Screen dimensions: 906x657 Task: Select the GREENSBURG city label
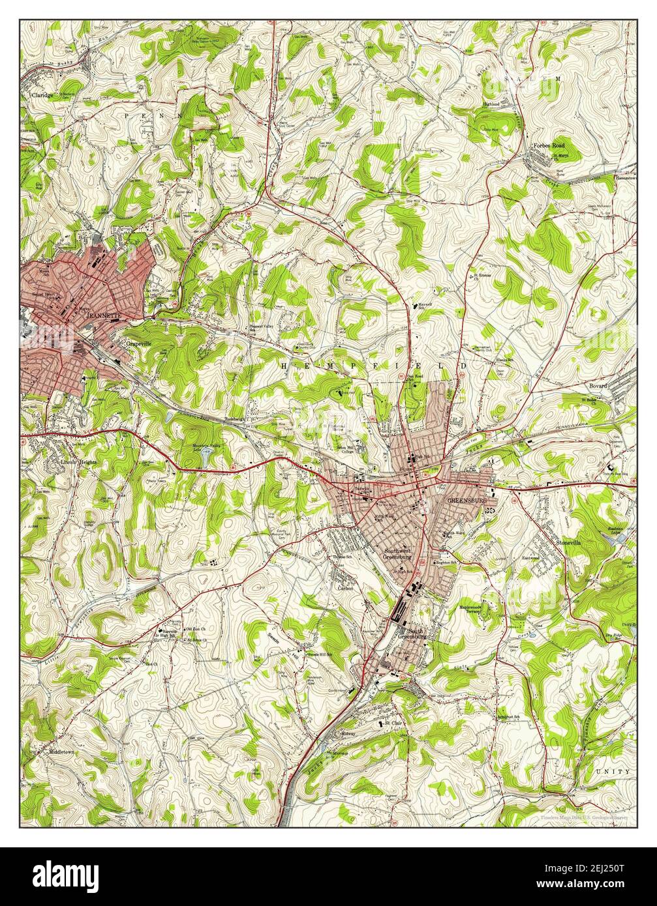[467, 501]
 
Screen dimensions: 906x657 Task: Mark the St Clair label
[391, 723]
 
